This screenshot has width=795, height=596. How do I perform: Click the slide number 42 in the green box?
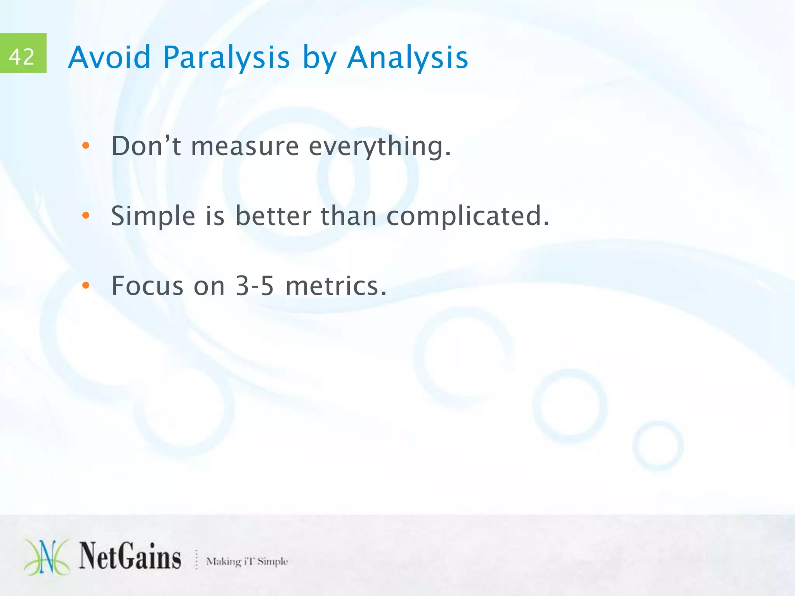pos(22,56)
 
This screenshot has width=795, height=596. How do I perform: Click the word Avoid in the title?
pos(109,57)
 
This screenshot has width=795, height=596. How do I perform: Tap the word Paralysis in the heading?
pos(226,57)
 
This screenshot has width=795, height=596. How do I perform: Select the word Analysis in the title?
pos(408,57)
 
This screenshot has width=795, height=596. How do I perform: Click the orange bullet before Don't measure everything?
pos(86,146)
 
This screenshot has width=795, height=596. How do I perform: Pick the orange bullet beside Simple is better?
pos(86,216)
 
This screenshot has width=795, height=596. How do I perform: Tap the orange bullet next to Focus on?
pos(86,286)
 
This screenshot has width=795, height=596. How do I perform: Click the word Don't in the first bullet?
pos(146,146)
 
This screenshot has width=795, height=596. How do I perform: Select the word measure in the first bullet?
pos(245,147)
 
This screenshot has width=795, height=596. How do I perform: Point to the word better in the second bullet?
pos(273,216)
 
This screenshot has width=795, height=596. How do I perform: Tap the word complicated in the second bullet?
pos(467,216)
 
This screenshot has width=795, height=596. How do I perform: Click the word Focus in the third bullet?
pos(147,286)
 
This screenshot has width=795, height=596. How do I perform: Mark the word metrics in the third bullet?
pos(336,286)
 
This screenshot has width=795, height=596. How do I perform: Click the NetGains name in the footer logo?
pos(130,556)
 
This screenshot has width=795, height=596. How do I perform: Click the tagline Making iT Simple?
pos(247,561)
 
